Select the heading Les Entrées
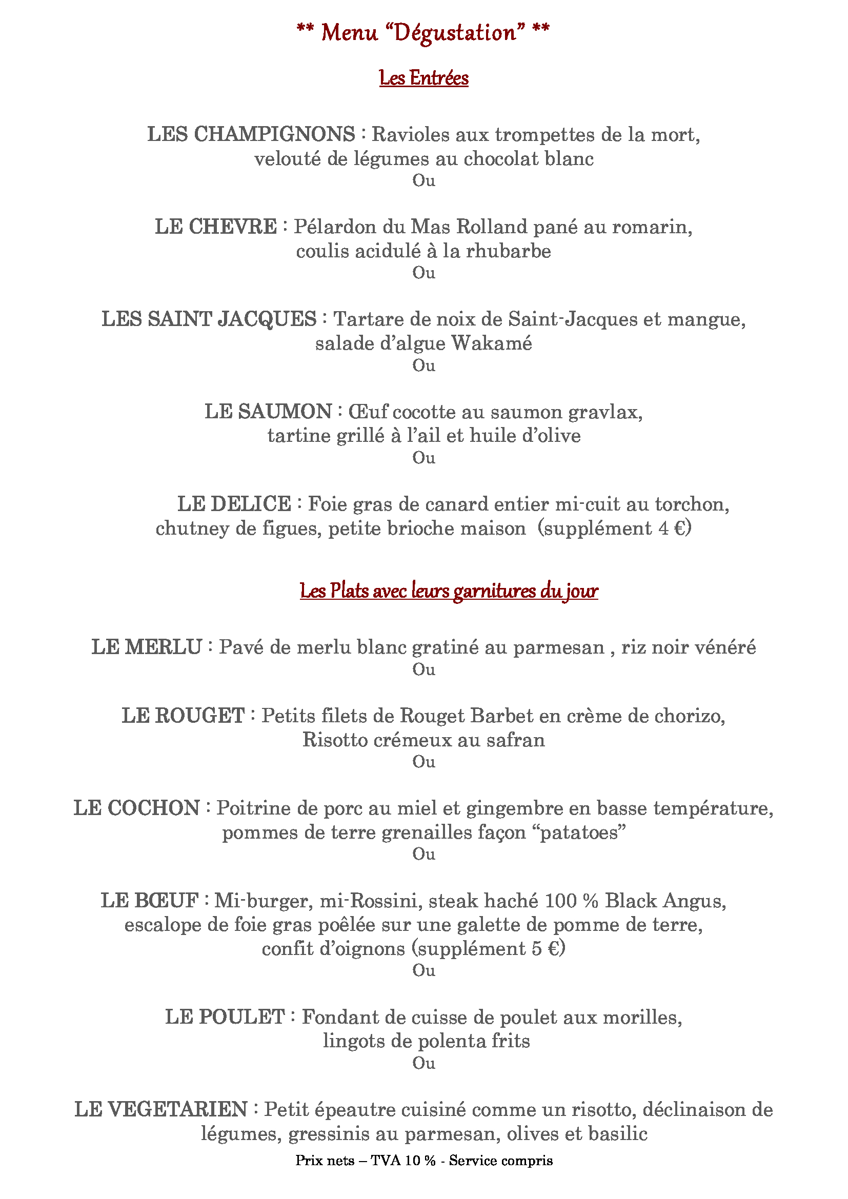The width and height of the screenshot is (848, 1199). pyautogui.click(x=423, y=78)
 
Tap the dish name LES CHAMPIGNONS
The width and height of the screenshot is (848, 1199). pyautogui.click(x=251, y=134)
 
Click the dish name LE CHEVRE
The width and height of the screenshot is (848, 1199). pyautogui.click(x=216, y=227)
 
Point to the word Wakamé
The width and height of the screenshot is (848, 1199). pyautogui.click(x=491, y=343)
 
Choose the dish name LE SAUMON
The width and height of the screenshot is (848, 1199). pyautogui.click(x=268, y=412)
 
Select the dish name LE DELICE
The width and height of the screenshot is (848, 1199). pyautogui.click(x=234, y=504)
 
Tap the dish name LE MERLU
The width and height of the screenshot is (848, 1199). pyautogui.click(x=147, y=647)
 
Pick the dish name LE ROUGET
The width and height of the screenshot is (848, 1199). pyautogui.click(x=183, y=716)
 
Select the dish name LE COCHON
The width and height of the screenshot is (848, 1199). pyautogui.click(x=137, y=808)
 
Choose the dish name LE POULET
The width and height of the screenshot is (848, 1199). pyautogui.click(x=225, y=1017)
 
